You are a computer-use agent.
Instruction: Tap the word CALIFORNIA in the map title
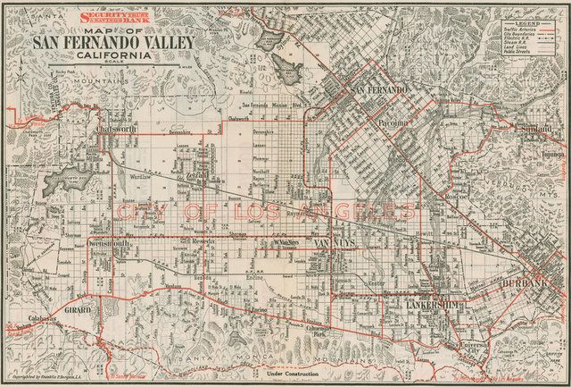tap(113, 55)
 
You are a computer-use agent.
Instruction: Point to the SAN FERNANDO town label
tap(381, 91)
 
